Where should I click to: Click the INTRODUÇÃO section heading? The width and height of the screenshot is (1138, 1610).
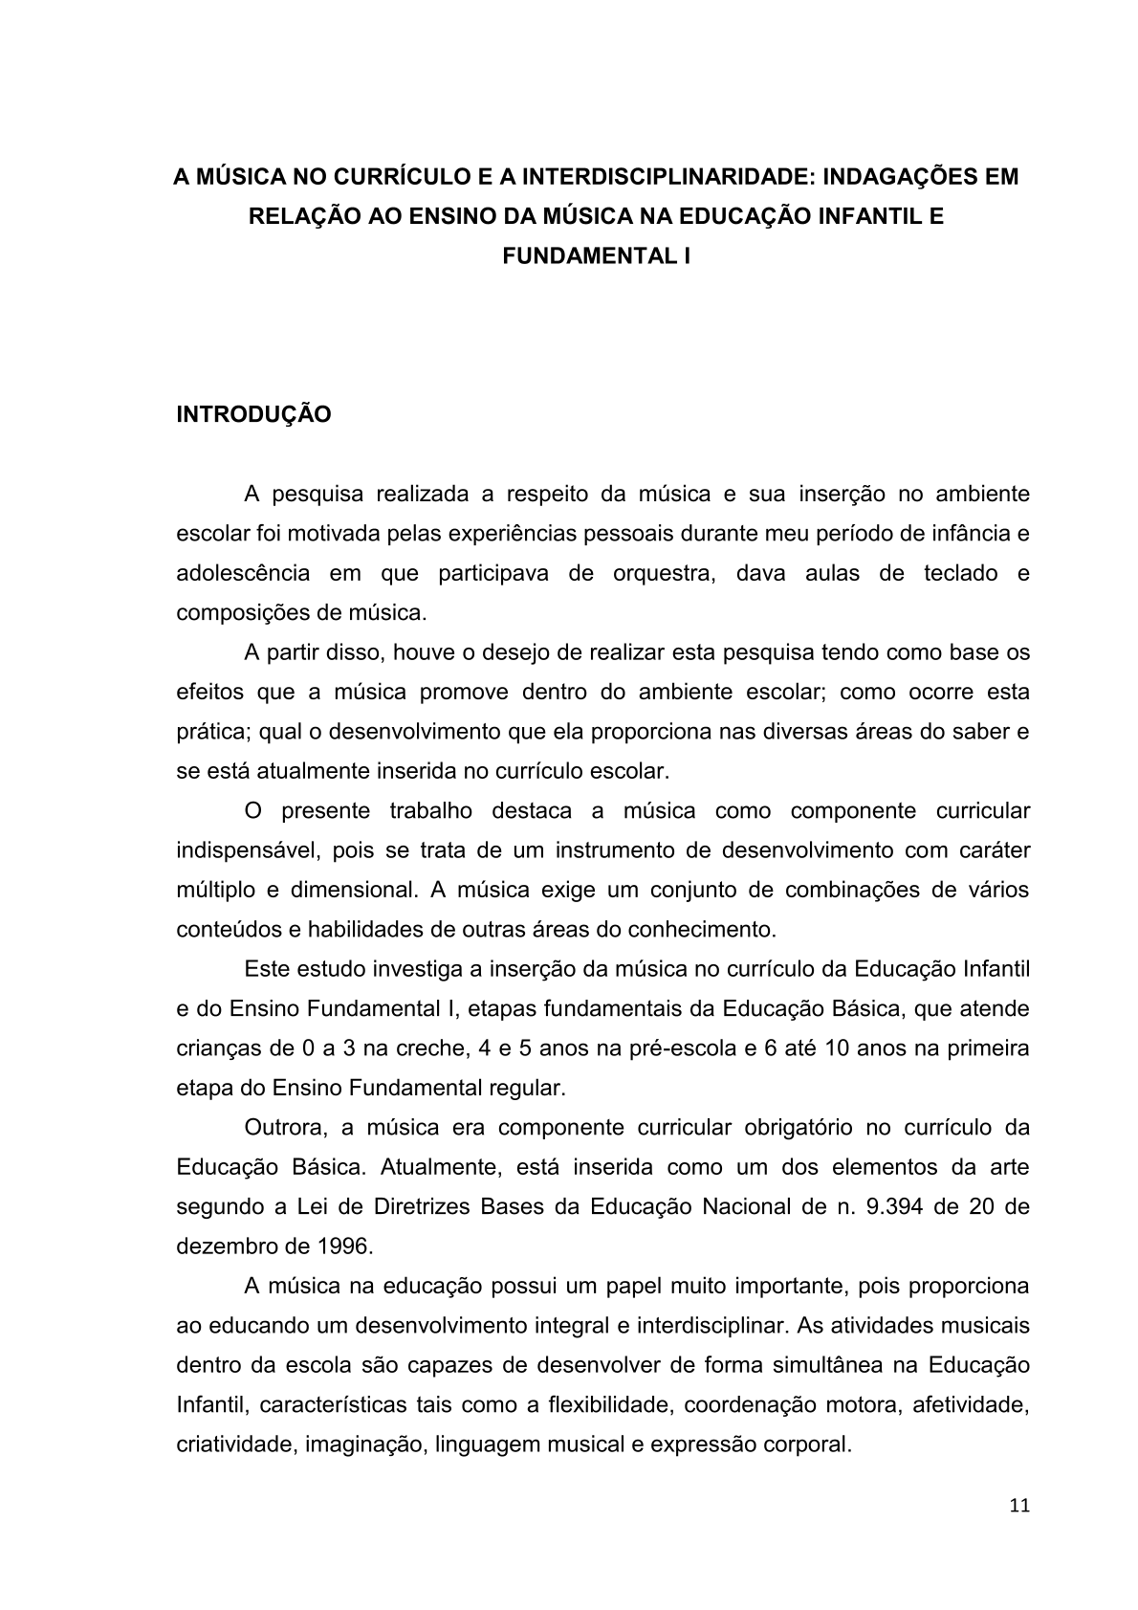tap(253, 415)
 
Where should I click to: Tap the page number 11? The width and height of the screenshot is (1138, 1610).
tap(1018, 1505)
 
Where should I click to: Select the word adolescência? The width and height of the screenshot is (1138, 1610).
tap(243, 574)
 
